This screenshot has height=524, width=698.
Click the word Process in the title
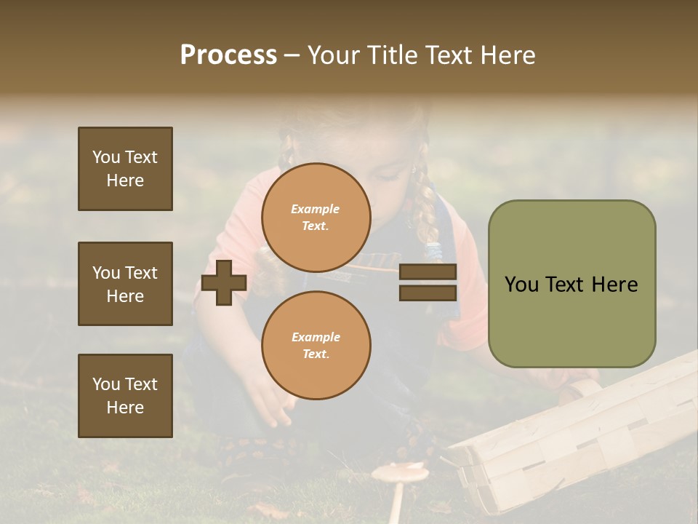228,55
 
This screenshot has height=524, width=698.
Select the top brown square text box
125,169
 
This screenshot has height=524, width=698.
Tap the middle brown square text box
125,284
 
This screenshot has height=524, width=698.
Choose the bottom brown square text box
125,395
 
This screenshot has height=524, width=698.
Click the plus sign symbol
223,282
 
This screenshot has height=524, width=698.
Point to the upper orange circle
316,217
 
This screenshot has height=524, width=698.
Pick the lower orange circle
316,345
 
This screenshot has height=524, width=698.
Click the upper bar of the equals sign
428,271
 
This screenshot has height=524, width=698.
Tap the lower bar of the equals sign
428,293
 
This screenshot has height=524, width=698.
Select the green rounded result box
571,283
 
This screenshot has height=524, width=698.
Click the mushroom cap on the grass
399,474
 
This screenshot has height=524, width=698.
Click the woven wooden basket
574,437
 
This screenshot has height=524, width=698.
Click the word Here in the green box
615,285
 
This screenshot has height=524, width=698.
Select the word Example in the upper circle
315,209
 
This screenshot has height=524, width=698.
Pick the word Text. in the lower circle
316,354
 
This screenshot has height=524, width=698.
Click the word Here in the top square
125,180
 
